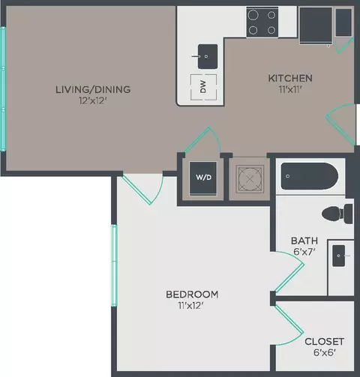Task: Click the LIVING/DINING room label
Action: tap(92, 89)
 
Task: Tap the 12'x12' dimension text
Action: tap(92, 101)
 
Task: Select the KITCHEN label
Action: tap(290, 78)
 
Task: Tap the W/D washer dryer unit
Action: tap(202, 178)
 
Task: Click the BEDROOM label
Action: tap(192, 294)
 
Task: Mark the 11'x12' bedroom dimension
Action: tap(192, 306)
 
